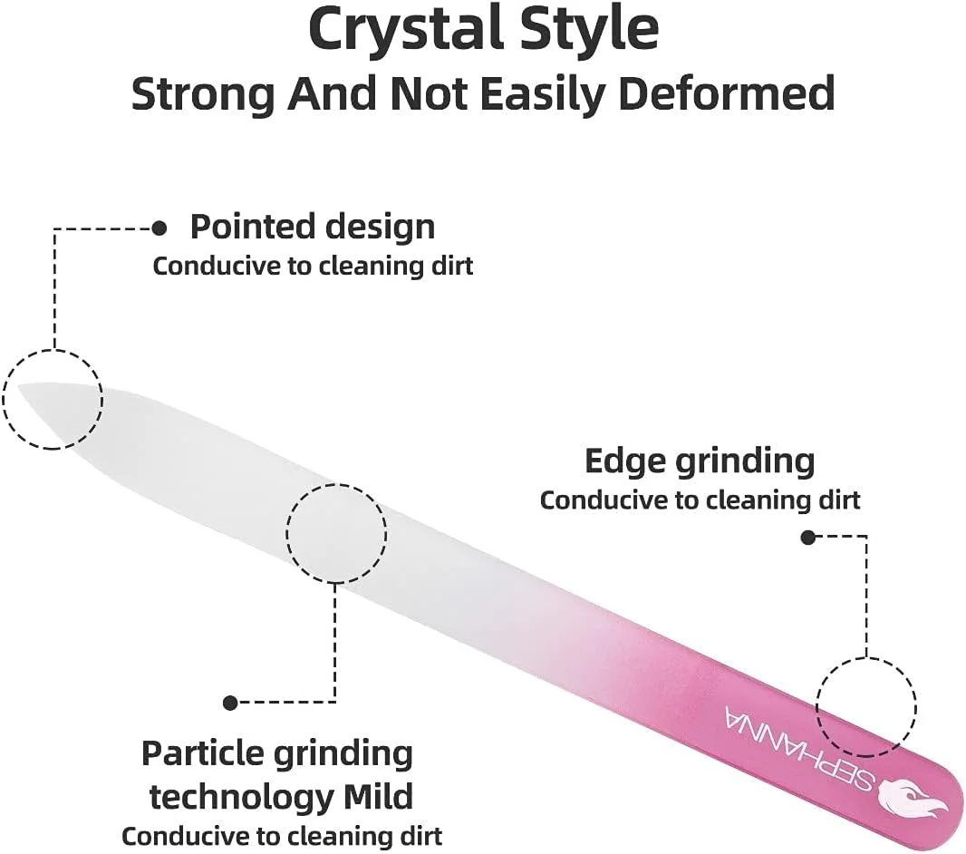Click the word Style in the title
click(x=589, y=30)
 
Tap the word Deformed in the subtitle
click(x=727, y=92)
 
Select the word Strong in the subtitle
click(x=204, y=93)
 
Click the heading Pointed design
click(x=313, y=227)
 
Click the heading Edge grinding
click(x=700, y=461)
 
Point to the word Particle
click(x=203, y=752)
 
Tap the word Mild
click(x=378, y=796)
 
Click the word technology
click(x=241, y=798)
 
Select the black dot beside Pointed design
click(x=159, y=228)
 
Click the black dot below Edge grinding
click(x=807, y=538)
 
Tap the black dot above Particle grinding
click(x=230, y=703)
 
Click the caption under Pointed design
click(x=313, y=267)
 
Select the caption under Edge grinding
click(x=700, y=500)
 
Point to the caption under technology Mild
click(x=282, y=836)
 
